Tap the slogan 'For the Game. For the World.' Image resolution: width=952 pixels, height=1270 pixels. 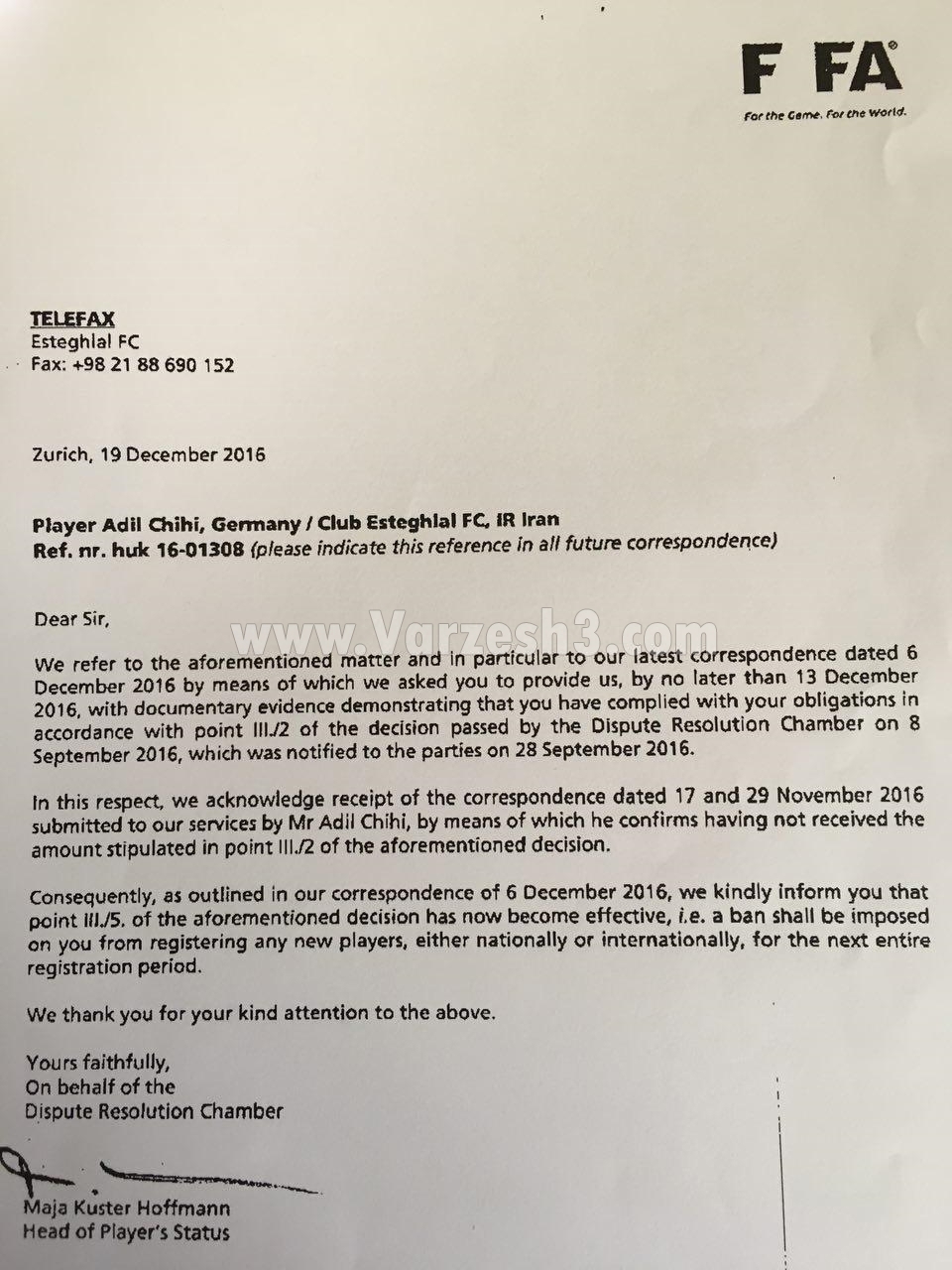click(824, 114)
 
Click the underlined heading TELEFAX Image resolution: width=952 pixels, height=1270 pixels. click(72, 319)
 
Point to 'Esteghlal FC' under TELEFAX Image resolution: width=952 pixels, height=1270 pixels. click(85, 342)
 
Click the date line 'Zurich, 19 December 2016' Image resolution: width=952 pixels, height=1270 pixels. click(149, 455)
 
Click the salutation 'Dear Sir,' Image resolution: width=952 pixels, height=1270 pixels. click(67, 619)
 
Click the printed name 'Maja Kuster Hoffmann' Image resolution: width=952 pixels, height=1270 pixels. click(128, 1208)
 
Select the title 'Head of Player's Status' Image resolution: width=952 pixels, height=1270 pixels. click(126, 1233)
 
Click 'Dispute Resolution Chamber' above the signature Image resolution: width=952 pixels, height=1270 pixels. click(154, 1111)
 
